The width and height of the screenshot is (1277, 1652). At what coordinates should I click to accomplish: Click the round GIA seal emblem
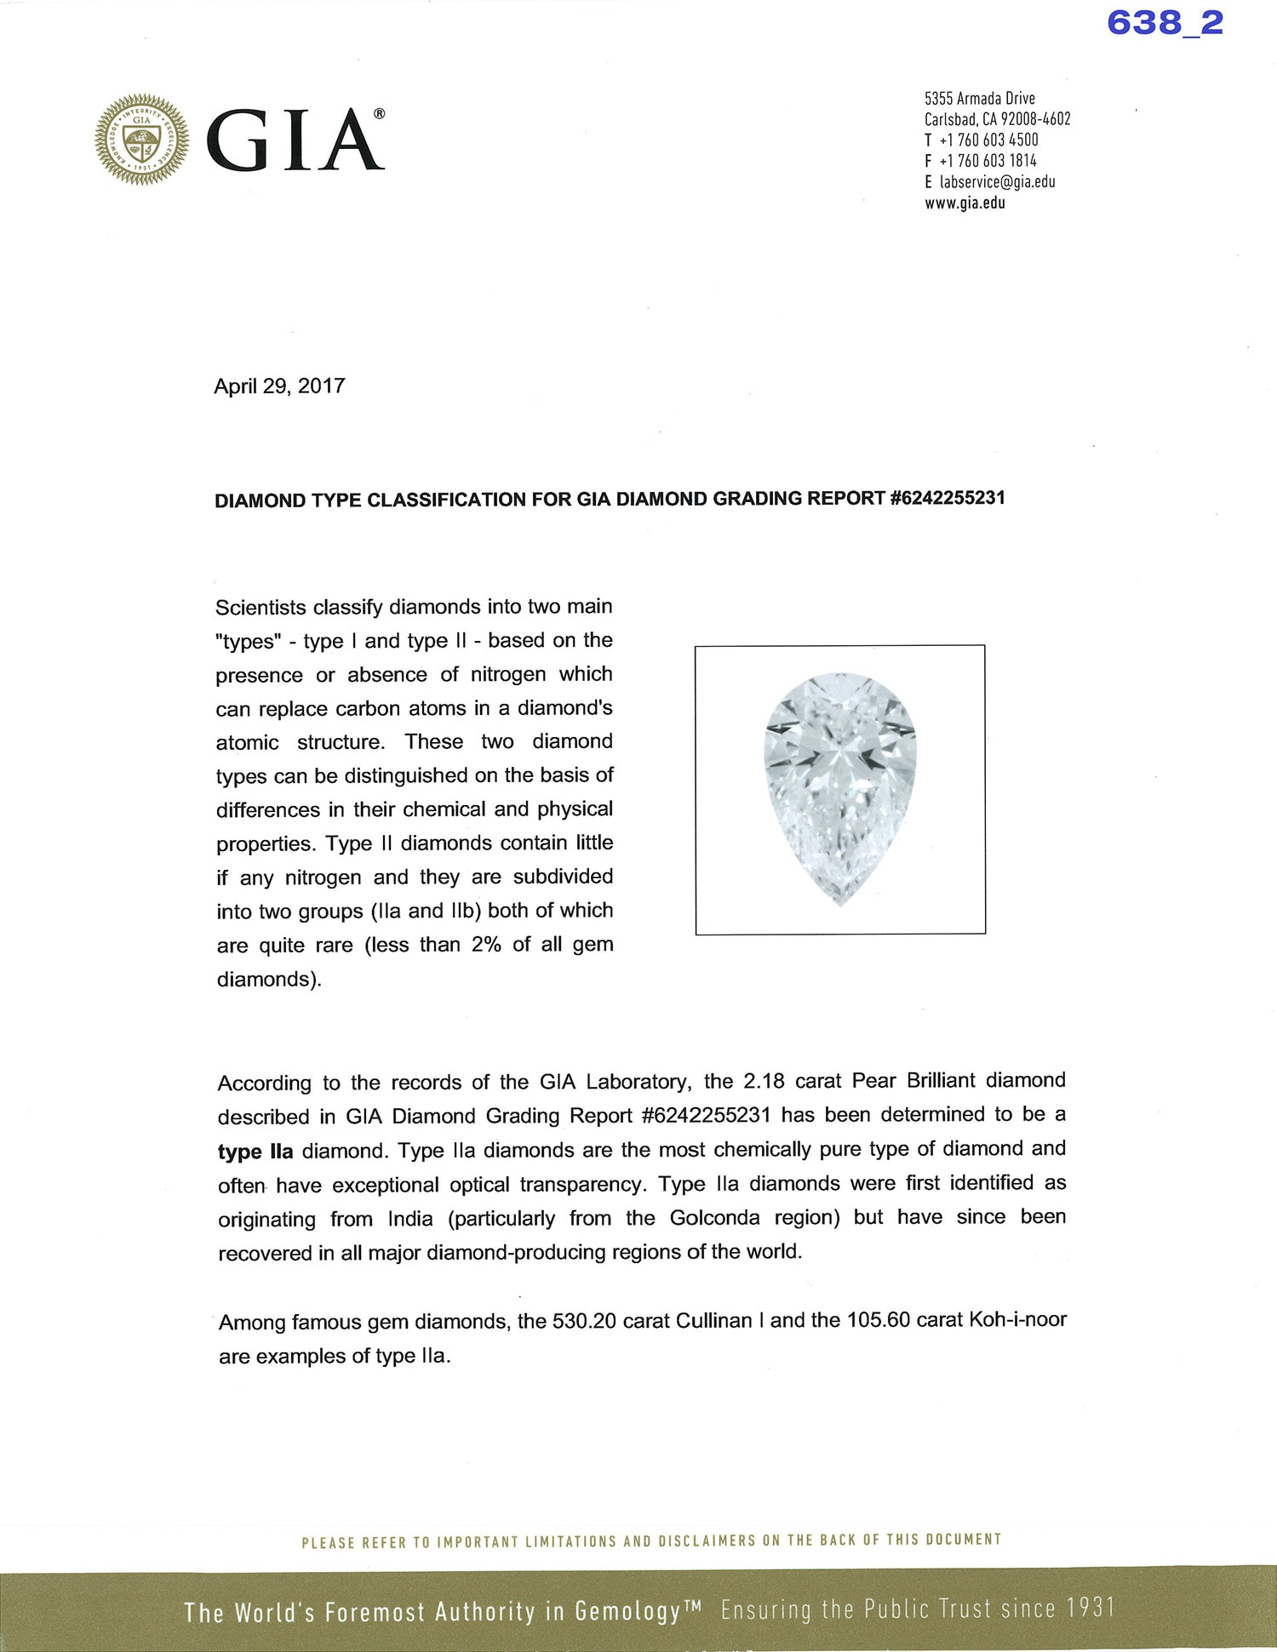click(141, 139)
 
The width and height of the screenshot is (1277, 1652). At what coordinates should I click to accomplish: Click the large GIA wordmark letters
click(295, 140)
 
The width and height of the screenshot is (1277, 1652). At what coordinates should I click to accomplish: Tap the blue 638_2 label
click(1165, 22)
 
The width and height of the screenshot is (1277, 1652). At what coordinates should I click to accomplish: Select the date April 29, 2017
click(279, 386)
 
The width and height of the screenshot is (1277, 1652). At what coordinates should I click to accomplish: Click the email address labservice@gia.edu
click(997, 182)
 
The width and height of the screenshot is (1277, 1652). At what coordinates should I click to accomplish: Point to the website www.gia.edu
click(965, 203)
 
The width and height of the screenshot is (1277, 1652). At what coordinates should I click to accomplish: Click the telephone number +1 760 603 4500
click(988, 140)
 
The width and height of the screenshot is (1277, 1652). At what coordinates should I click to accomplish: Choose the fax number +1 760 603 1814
click(988, 161)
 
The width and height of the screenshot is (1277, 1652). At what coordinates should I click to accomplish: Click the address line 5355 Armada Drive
click(979, 99)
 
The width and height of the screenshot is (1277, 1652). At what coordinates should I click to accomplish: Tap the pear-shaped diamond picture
click(840, 789)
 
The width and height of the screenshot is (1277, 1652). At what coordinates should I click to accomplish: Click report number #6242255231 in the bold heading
click(948, 498)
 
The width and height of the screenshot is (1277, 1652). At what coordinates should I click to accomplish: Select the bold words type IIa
click(255, 1152)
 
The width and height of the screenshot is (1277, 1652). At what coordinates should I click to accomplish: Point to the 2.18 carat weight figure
click(764, 1081)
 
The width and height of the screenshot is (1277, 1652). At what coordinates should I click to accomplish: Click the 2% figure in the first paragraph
click(486, 945)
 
